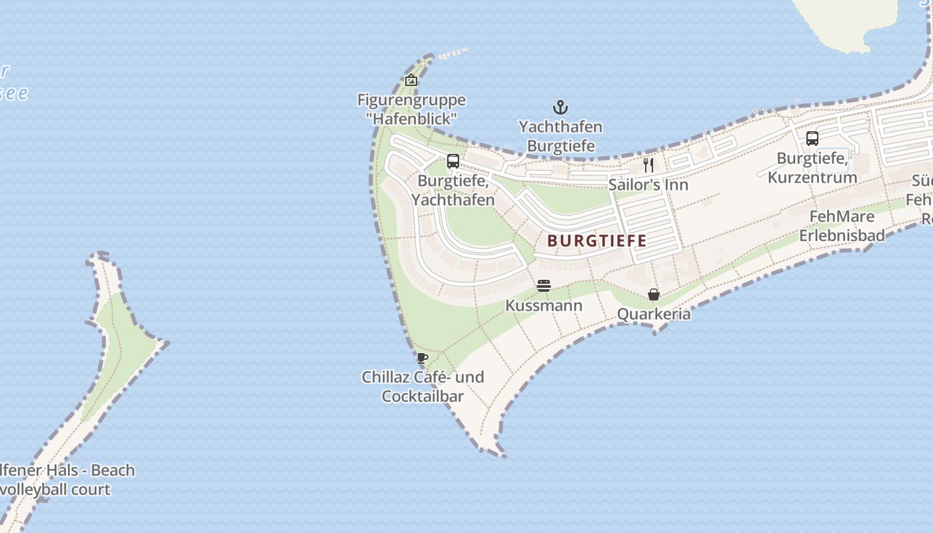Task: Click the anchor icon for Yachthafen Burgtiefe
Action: click(x=560, y=107)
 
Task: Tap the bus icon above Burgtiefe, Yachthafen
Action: click(x=453, y=161)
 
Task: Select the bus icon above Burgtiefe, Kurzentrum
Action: click(x=812, y=139)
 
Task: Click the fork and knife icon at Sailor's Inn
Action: click(x=648, y=165)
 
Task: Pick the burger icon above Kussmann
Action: click(x=544, y=286)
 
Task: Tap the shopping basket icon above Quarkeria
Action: click(x=654, y=294)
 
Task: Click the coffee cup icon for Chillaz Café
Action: click(x=422, y=358)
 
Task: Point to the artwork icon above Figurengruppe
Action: click(x=411, y=80)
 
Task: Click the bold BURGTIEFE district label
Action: click(x=597, y=241)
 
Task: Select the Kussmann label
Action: click(x=544, y=306)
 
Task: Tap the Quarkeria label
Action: click(x=654, y=314)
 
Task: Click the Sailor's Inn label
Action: click(x=648, y=185)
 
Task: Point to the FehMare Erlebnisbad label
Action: click(x=842, y=226)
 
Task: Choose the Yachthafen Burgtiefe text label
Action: click(x=560, y=136)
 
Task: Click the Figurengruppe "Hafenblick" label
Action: click(x=411, y=109)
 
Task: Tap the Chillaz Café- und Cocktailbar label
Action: click(x=423, y=386)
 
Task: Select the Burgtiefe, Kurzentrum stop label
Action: click(x=812, y=168)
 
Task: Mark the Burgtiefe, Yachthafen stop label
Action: click(x=453, y=190)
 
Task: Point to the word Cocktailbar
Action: click(x=423, y=396)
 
